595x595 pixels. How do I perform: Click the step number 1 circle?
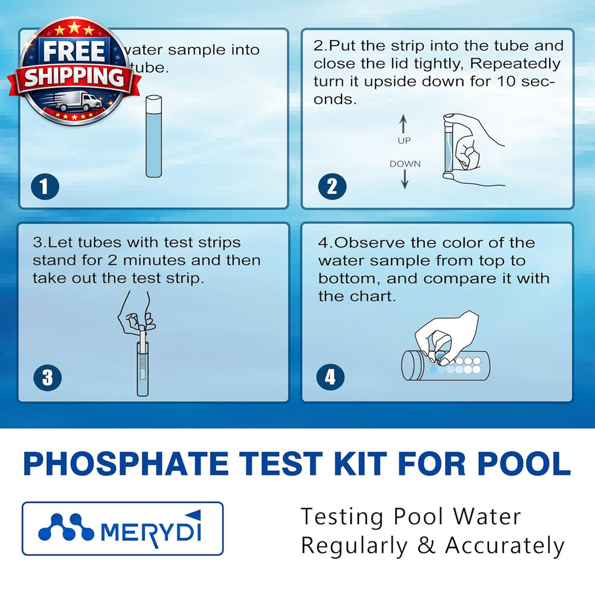(x=45, y=187)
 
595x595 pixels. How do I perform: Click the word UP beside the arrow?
(x=404, y=141)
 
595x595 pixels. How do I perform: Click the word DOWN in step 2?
(x=405, y=164)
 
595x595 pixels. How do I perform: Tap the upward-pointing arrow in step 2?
(x=403, y=124)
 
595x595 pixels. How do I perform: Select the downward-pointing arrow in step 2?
(x=405, y=180)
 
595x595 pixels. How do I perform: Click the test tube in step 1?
(x=153, y=137)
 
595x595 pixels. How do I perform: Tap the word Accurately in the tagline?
(x=505, y=545)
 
